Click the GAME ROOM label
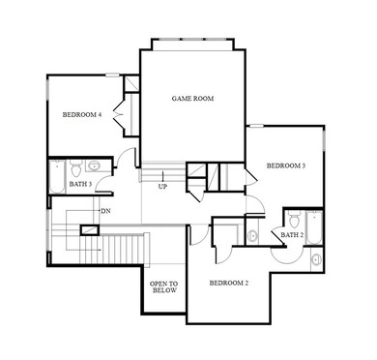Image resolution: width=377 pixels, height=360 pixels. coord(192,99)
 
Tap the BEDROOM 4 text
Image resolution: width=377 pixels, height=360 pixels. coord(81,115)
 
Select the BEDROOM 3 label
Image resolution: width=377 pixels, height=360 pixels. coord(285,165)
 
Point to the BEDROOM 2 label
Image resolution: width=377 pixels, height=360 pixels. coord(230,283)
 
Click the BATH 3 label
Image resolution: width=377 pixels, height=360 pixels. coord(80,184)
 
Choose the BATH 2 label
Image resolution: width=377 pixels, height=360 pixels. coord(290,234)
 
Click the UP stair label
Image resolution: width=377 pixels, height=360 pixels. coord(162,186)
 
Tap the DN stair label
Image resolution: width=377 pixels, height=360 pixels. coord(104,210)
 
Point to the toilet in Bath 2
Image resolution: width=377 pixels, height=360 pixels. coord(295,217)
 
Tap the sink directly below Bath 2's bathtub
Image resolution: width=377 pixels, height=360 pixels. coord(316,256)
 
